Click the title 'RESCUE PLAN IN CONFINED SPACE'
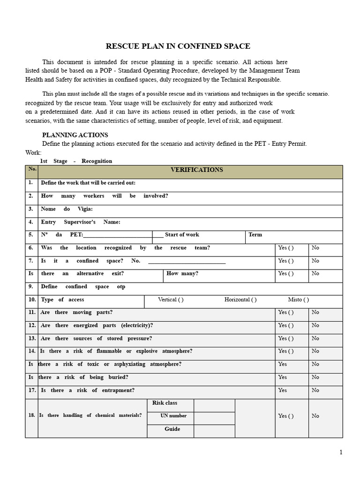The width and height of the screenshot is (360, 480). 178,46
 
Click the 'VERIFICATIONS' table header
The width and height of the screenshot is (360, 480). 197,170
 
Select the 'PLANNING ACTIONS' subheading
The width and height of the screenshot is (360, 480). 75,135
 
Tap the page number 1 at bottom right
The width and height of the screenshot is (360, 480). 341,452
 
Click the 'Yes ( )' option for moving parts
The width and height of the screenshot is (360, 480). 286,312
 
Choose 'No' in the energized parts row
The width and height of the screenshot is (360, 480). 315,325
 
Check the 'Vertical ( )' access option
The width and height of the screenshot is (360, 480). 171,300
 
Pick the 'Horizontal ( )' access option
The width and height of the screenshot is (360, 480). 240,300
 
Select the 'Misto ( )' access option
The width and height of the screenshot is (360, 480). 298,300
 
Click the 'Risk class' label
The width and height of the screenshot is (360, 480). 165,403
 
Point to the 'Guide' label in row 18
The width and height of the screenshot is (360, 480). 172,429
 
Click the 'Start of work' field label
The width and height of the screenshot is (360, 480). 182,235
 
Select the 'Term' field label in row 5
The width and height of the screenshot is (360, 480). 255,235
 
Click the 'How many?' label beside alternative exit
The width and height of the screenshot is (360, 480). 182,274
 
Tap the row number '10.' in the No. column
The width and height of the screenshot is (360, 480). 32,300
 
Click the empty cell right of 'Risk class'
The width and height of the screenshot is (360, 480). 214,405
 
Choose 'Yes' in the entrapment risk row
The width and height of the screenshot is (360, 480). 283,390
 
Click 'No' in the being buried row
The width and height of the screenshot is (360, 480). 315,377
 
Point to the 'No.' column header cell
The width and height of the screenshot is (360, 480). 32,169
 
